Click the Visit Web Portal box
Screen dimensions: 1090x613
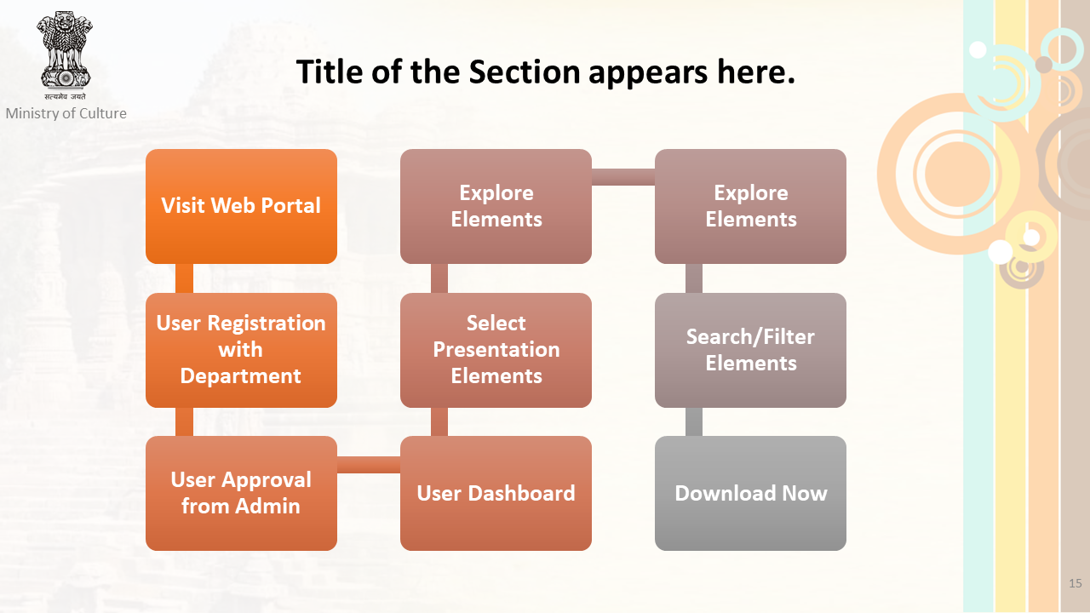coord(241,206)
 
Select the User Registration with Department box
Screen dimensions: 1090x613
coord(241,350)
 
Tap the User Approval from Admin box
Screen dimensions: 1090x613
coord(241,493)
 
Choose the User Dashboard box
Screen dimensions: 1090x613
coord(496,493)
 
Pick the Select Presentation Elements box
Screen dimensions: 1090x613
coord(496,350)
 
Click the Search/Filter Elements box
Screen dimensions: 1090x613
coord(750,350)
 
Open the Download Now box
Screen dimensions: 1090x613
coord(750,493)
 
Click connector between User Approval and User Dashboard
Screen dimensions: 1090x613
coord(369,465)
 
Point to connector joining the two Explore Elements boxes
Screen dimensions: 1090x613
coord(623,177)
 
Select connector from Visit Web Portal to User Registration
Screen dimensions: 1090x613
coord(184,278)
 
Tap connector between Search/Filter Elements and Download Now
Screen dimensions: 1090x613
coord(694,421)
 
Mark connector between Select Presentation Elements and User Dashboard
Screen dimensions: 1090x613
coord(439,421)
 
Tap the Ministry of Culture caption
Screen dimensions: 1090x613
coord(66,113)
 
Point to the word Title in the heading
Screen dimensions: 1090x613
coord(330,72)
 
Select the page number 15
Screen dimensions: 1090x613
coord(1076,583)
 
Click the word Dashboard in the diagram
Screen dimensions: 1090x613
coord(522,493)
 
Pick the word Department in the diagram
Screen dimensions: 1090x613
coord(240,376)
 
